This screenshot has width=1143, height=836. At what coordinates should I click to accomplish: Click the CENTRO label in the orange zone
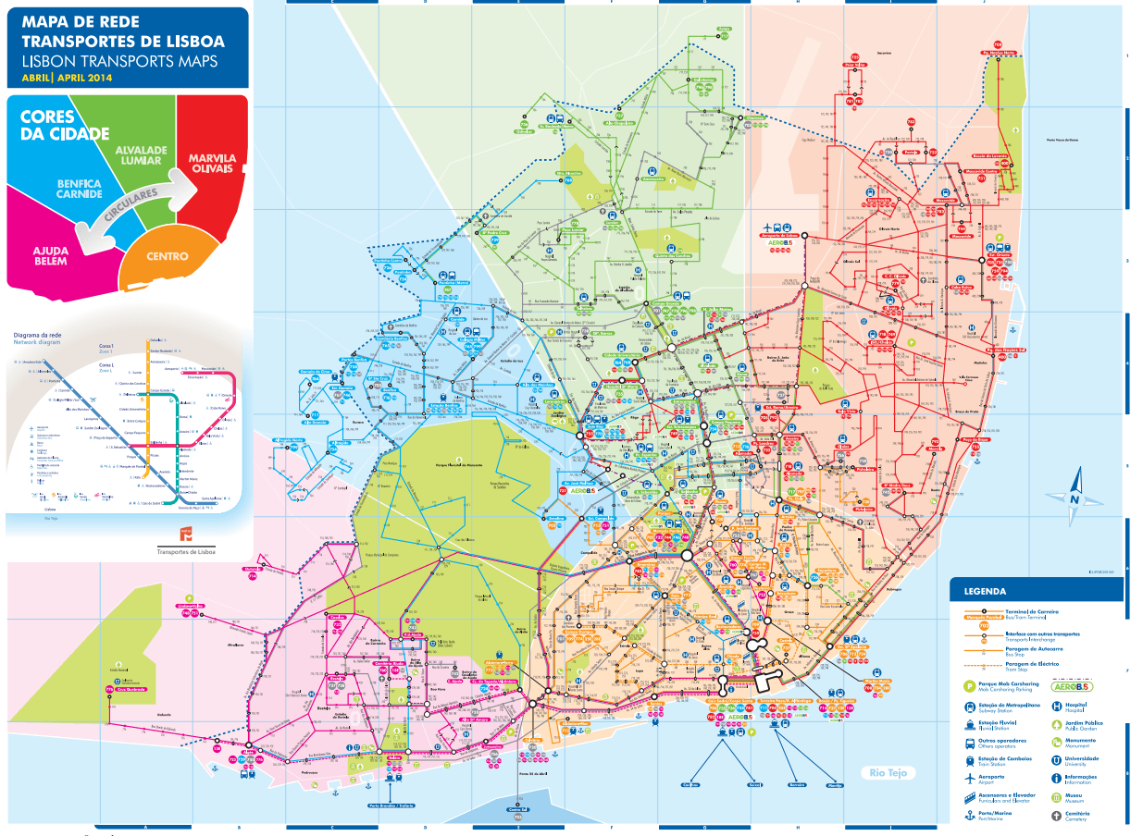click(x=167, y=256)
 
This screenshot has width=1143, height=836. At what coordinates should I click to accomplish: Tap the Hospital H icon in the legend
click(x=1056, y=704)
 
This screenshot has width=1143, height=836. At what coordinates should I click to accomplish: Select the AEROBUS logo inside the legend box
click(x=1072, y=686)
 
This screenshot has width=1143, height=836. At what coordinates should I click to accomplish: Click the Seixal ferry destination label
click(x=754, y=785)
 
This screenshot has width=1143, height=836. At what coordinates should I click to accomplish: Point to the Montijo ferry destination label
click(x=834, y=785)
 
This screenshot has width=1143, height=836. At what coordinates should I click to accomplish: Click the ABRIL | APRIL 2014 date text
click(x=65, y=77)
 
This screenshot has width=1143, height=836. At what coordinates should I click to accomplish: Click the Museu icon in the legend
click(x=1056, y=796)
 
